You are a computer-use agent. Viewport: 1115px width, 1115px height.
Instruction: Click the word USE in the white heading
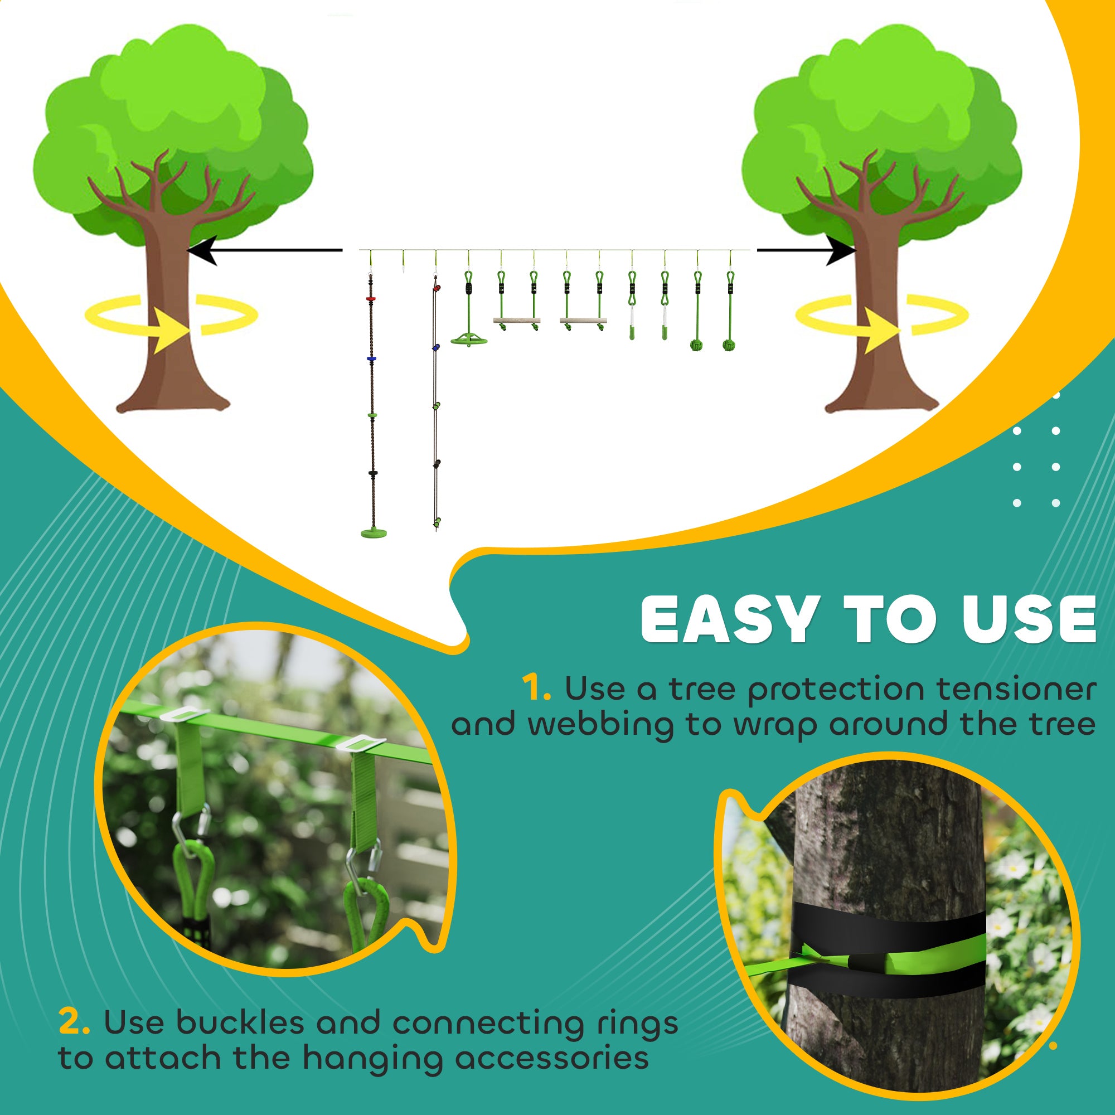1029,620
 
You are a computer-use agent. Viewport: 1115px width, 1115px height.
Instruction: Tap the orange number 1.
536,689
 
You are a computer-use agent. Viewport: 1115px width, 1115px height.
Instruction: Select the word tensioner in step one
1016,690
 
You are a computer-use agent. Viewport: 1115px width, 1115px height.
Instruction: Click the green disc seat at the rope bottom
374,531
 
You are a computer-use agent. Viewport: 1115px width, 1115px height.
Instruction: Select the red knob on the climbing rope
371,298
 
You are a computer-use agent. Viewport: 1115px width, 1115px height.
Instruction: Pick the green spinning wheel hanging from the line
469,341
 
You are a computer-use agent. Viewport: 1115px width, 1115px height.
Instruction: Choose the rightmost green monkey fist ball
730,345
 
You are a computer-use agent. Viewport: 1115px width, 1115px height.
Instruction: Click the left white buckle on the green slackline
183,715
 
